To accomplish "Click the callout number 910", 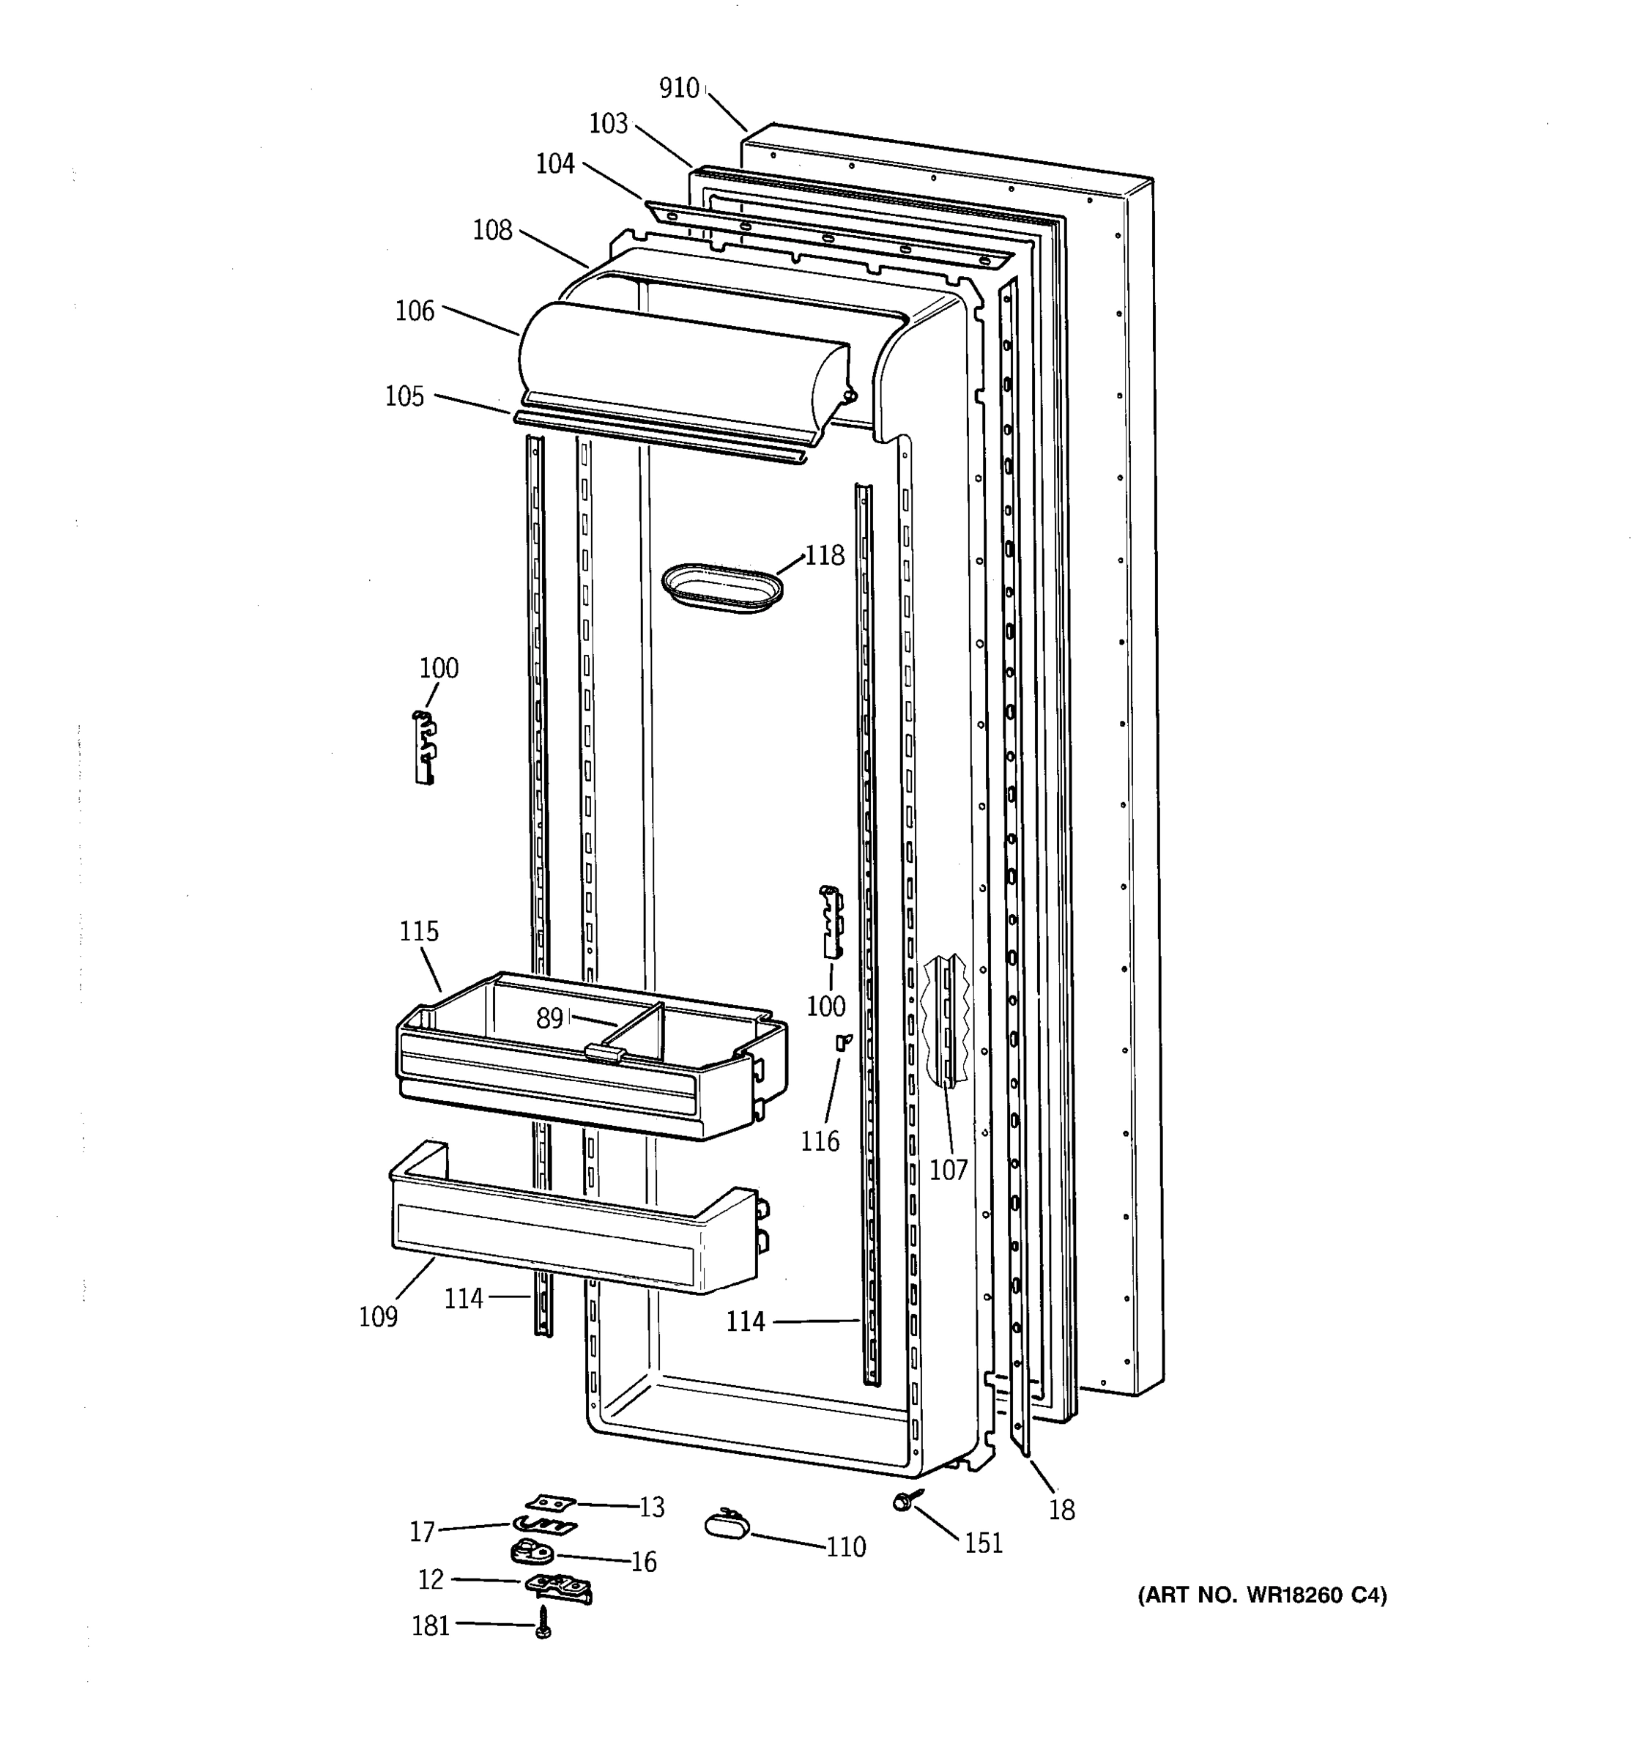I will pos(678,89).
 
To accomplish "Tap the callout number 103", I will pos(608,124).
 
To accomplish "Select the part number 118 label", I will pos(824,555).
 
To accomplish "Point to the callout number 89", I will pos(549,1019).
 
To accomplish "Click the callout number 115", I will pos(418,931).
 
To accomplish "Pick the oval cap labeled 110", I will pos(726,1524).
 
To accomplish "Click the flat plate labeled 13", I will pos(550,1502).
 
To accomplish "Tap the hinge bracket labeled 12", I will pos(559,1586).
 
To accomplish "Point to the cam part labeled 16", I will pos(530,1551).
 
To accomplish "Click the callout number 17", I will pos(422,1531).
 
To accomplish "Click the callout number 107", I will pos(948,1170).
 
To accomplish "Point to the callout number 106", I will pos(415,311).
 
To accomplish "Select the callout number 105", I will pos(404,396).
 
